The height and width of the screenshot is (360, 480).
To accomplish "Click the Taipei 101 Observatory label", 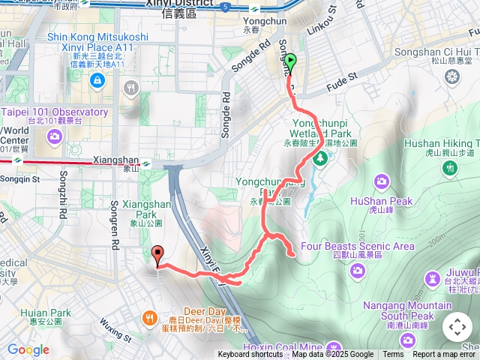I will point(54,112).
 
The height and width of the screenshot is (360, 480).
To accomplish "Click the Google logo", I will point(28,349).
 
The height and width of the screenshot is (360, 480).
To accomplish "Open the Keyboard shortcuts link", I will point(250,355).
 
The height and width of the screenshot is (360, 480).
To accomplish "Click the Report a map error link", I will point(445,355).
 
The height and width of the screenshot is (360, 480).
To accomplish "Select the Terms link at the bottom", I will point(393,355).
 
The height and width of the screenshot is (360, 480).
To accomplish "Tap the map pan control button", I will point(457,327).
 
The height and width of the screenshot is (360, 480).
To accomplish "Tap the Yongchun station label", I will point(255,21).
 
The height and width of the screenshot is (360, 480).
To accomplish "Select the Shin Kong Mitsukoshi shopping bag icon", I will point(98,80).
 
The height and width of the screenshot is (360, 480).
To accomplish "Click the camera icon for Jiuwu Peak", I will point(432,279).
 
